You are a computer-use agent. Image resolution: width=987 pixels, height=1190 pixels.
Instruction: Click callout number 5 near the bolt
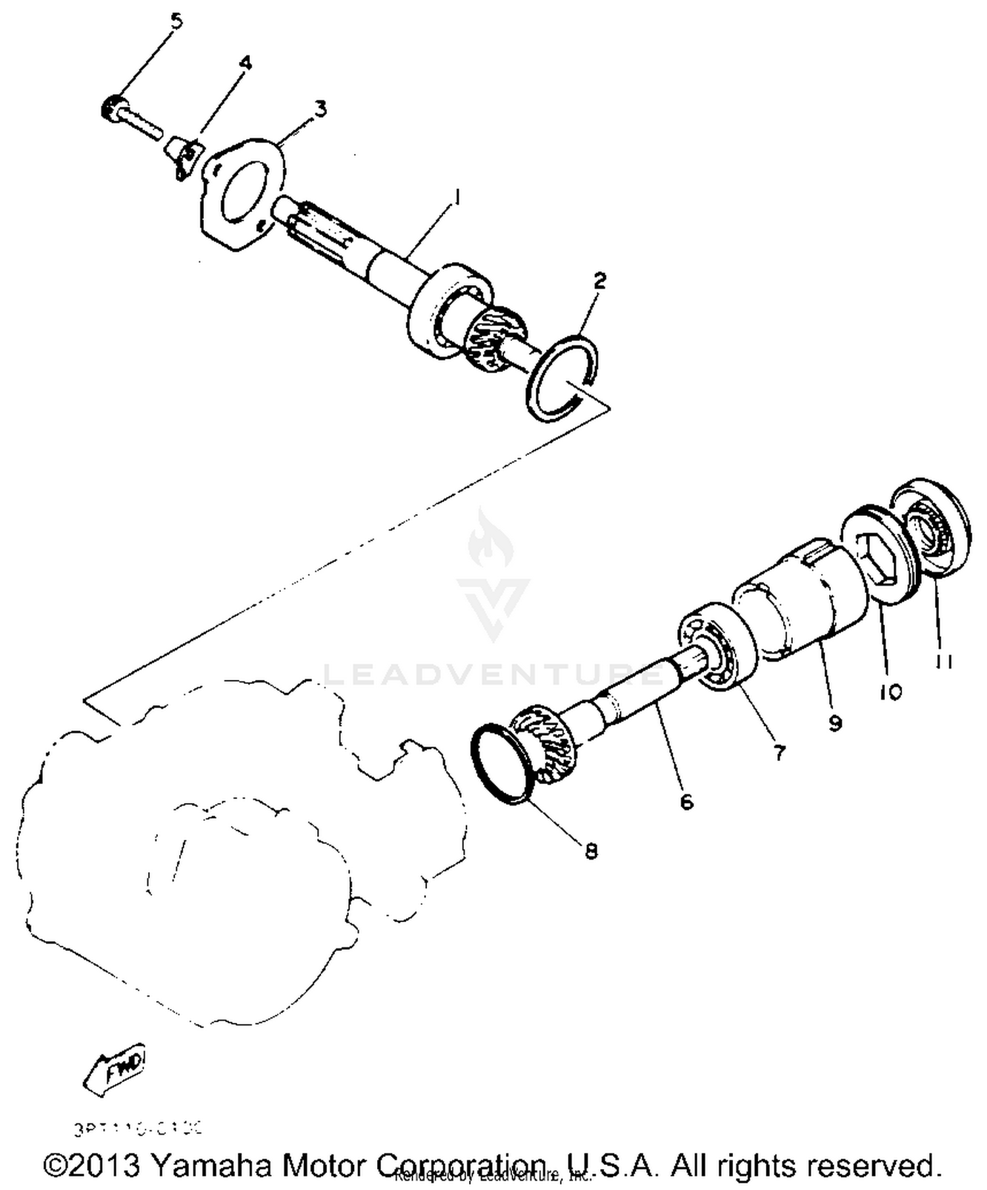pos(176,21)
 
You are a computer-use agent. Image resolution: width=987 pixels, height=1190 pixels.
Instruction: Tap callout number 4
pos(245,63)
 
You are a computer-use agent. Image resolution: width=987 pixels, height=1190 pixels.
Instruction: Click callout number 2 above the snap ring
pos(599,281)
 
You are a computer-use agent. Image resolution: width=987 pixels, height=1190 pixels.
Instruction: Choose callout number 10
pos(892,692)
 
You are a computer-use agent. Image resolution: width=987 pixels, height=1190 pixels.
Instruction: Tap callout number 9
pos(835,723)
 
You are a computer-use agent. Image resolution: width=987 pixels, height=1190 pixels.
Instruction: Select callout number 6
pos(686,802)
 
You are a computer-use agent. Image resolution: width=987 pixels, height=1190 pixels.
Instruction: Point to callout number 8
pos(591,851)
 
